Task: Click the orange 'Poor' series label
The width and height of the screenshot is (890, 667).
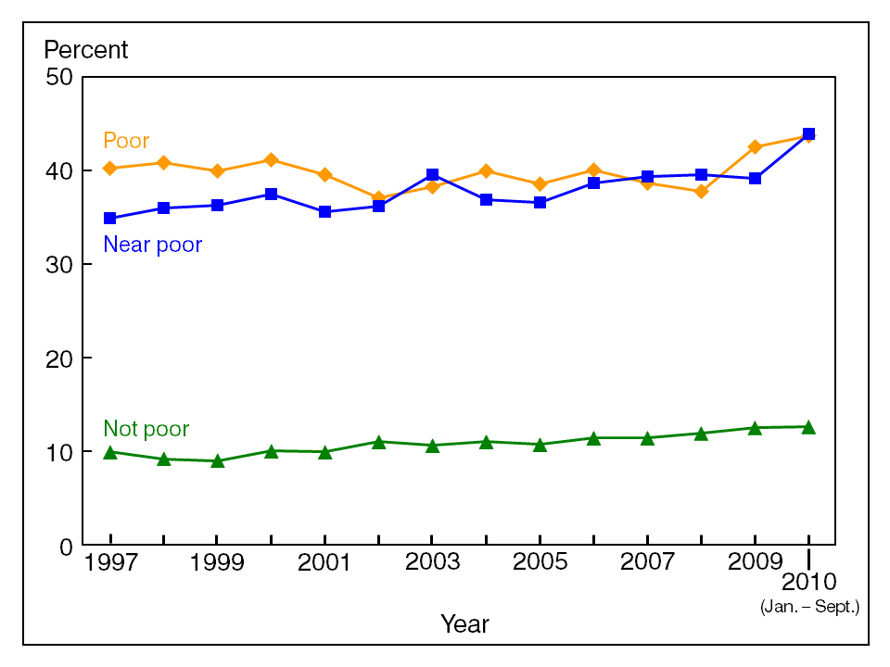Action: point(126,142)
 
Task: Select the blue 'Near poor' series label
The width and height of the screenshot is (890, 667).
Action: point(152,245)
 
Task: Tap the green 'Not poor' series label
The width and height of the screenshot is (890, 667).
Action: point(146,429)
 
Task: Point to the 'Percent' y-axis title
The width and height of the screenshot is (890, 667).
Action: point(86,50)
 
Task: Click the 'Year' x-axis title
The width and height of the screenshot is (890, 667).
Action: point(464,624)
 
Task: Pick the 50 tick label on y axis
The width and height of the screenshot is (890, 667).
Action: point(59,77)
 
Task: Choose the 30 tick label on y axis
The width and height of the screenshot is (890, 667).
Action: point(59,265)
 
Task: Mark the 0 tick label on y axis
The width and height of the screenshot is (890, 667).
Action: point(65,547)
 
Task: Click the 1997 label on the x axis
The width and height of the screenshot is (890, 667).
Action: point(110,564)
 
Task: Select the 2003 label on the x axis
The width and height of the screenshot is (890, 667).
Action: point(432,564)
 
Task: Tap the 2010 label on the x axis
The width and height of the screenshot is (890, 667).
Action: point(808,583)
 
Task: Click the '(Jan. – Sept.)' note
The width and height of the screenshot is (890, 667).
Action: point(810,608)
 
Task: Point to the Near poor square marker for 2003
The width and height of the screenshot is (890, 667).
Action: point(432,175)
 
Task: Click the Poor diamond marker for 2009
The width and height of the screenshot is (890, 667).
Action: point(755,147)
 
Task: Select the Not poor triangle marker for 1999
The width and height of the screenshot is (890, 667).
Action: point(217,460)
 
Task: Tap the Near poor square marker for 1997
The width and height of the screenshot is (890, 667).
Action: point(110,219)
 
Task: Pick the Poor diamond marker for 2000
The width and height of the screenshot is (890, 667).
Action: point(271,160)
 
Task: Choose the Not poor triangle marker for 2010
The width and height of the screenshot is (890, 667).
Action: point(808,427)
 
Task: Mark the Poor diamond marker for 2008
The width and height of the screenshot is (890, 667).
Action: point(701,192)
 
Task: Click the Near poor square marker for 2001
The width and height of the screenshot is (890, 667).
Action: point(324,212)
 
